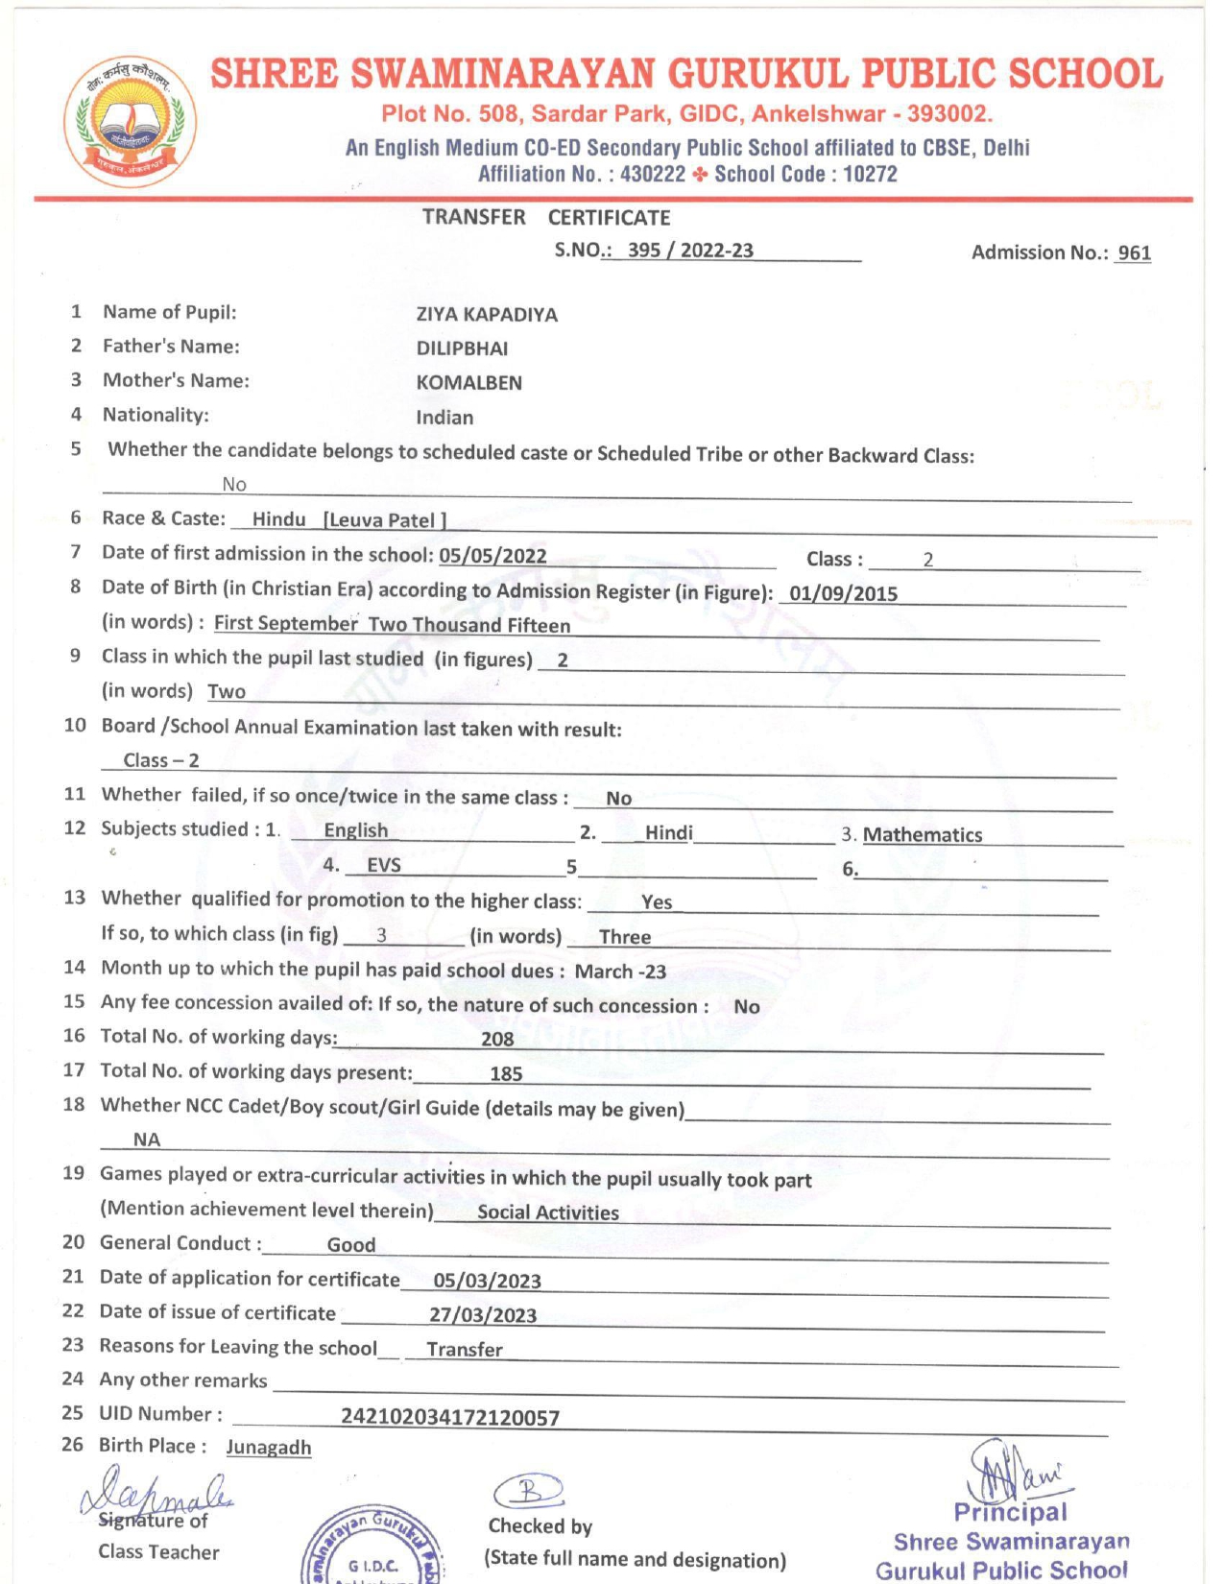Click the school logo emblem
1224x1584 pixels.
coord(130,122)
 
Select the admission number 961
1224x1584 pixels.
coord(1134,252)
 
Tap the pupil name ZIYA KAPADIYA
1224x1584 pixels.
coord(487,315)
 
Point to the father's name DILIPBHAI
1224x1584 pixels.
coord(462,348)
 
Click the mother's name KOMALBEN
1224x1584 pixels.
coord(468,383)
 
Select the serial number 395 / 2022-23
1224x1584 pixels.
coord(690,251)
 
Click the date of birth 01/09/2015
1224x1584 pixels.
coord(843,593)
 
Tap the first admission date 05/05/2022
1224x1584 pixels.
coord(492,556)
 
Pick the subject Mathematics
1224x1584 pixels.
coord(922,835)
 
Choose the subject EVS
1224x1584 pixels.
coord(384,865)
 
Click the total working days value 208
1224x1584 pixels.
coord(497,1039)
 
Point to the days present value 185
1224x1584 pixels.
coord(506,1074)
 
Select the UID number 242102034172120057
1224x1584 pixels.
coord(449,1417)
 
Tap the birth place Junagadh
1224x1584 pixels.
coord(269,1448)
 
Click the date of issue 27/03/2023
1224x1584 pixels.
coord(482,1315)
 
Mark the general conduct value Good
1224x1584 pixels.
coord(351,1245)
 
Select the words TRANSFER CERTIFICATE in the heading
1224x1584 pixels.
coord(545,218)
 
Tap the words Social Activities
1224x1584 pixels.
coord(547,1212)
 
